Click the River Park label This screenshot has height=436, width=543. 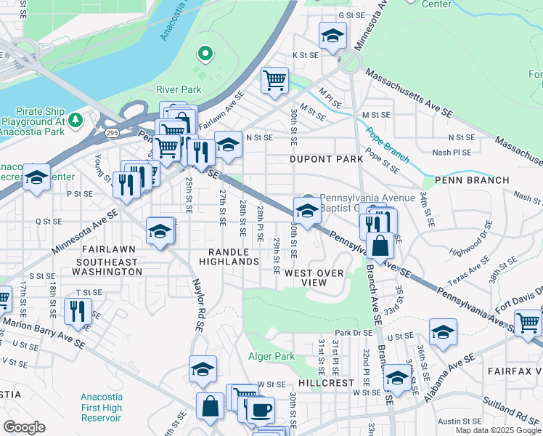click(178, 89)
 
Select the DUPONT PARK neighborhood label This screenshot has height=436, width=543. click(325, 158)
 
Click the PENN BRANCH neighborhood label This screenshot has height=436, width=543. click(464, 179)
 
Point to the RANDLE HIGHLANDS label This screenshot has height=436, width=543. click(231, 261)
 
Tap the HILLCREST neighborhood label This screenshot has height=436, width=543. click(325, 382)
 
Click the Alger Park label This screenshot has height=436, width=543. click(271, 356)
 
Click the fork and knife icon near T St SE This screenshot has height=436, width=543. click(78, 310)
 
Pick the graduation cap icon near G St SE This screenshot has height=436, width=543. click(332, 35)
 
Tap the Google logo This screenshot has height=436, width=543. click(24, 427)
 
